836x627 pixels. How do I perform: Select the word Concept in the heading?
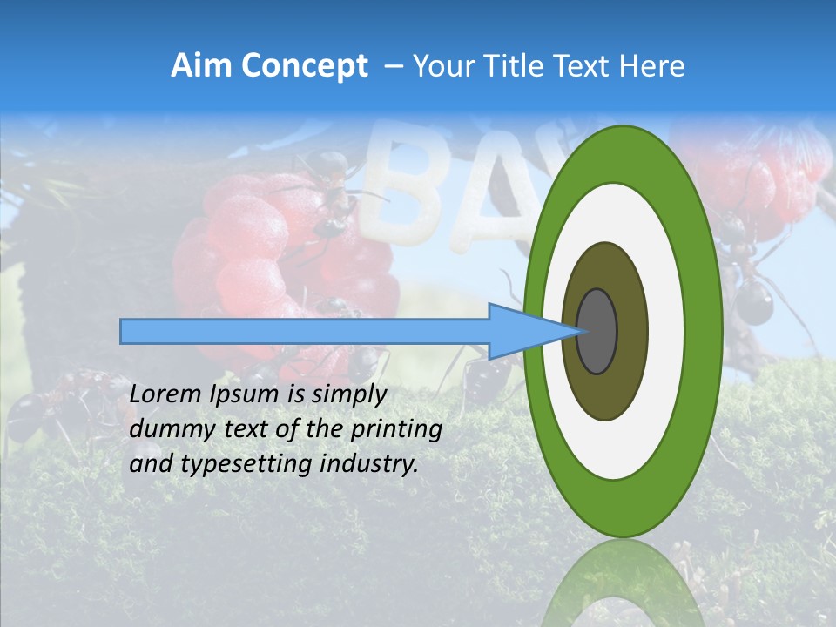(x=305, y=66)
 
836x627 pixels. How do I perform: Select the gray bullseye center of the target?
(x=597, y=331)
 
